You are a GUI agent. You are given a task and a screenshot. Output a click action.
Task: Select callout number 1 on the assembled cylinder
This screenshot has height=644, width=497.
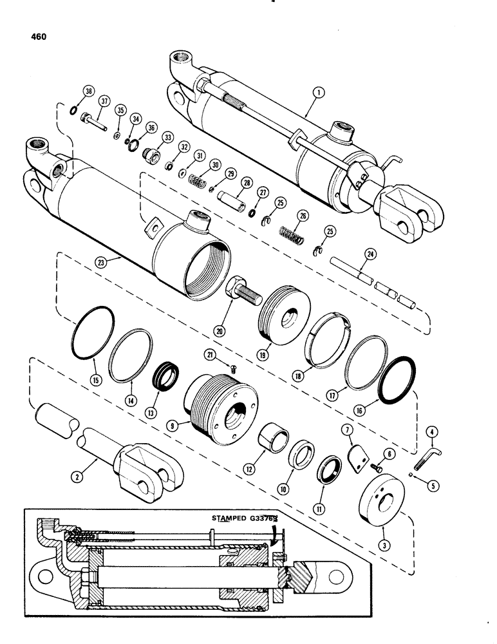click(317, 93)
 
